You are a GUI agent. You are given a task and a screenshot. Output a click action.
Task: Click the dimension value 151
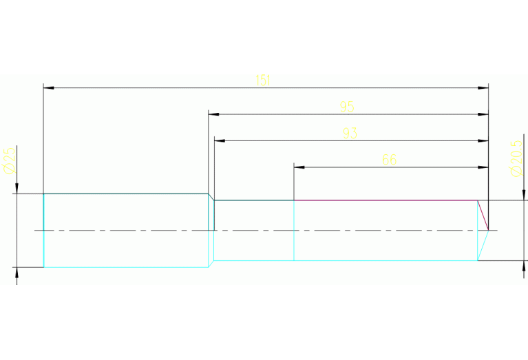[263, 81]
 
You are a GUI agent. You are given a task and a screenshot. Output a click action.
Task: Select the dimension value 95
[347, 107]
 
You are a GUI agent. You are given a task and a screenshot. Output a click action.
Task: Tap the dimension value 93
[350, 134]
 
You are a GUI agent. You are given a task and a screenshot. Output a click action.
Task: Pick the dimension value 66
[389, 160]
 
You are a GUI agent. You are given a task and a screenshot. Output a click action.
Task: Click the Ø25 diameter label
[10, 160]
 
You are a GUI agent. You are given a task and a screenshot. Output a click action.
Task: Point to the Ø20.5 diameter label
[517, 158]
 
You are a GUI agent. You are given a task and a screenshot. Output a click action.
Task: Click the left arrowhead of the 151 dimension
[48, 88]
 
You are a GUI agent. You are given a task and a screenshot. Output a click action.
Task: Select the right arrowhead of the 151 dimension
[483, 88]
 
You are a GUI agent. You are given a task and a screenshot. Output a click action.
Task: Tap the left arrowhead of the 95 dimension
[213, 114]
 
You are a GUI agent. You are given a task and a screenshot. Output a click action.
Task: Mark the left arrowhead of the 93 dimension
[219, 140]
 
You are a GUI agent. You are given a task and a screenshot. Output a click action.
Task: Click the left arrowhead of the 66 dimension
[299, 167]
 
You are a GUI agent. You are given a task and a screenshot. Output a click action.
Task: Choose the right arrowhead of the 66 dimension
[483, 167]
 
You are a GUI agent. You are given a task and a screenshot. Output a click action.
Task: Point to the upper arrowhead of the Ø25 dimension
[17, 189]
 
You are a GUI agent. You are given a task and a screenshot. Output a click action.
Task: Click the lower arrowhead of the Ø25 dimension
[17, 271]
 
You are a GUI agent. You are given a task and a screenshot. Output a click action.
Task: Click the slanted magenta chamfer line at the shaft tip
[483, 215]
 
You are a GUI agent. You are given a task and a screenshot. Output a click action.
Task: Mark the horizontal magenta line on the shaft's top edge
[386, 200]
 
